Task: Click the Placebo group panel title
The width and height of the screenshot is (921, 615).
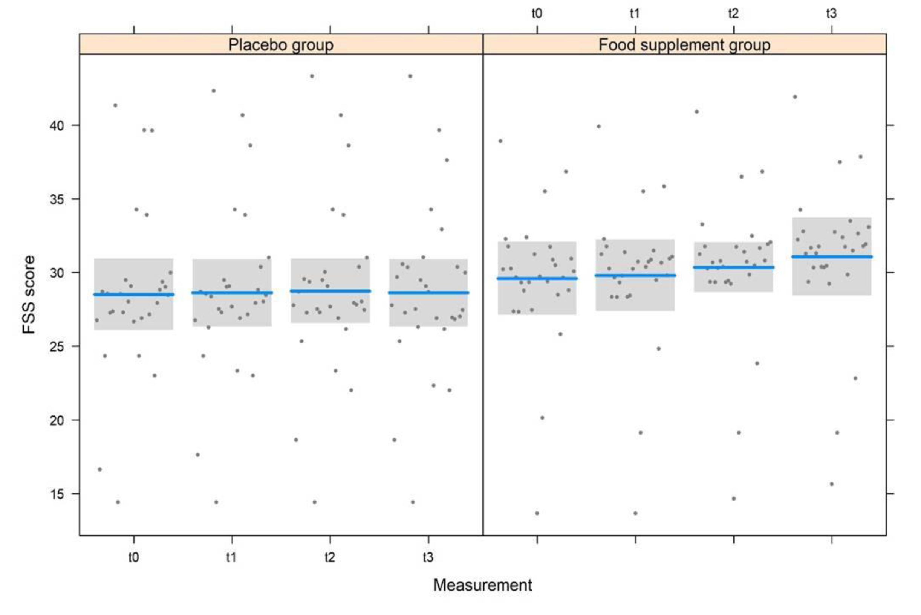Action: click(x=281, y=45)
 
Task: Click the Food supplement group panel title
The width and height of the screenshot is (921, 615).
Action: click(x=684, y=45)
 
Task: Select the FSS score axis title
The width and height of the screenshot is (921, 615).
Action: click(x=29, y=294)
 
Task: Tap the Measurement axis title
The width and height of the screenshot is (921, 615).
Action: click(x=482, y=585)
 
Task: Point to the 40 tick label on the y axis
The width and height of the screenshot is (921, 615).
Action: click(x=57, y=125)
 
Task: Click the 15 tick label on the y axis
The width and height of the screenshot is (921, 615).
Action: click(x=57, y=494)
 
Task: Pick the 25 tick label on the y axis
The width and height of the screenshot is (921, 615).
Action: click(x=57, y=347)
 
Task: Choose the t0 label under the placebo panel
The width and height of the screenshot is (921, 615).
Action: click(x=133, y=557)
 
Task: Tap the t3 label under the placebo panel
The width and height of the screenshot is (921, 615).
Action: click(x=428, y=557)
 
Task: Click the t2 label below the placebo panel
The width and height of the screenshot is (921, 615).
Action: click(x=330, y=557)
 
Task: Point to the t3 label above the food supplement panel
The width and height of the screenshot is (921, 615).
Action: click(x=831, y=14)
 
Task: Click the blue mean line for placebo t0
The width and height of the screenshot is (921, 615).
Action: click(x=134, y=294)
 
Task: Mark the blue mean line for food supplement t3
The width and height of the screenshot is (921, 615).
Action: click(x=832, y=257)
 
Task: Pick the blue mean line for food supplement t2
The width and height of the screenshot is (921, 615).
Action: click(x=733, y=267)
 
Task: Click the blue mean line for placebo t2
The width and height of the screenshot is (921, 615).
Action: click(x=330, y=291)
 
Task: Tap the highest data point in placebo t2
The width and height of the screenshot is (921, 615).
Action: click(x=312, y=76)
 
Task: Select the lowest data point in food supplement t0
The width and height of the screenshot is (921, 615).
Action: click(x=537, y=513)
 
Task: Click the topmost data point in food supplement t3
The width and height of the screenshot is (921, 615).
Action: click(x=795, y=97)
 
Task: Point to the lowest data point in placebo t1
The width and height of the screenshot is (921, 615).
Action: click(x=216, y=502)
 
